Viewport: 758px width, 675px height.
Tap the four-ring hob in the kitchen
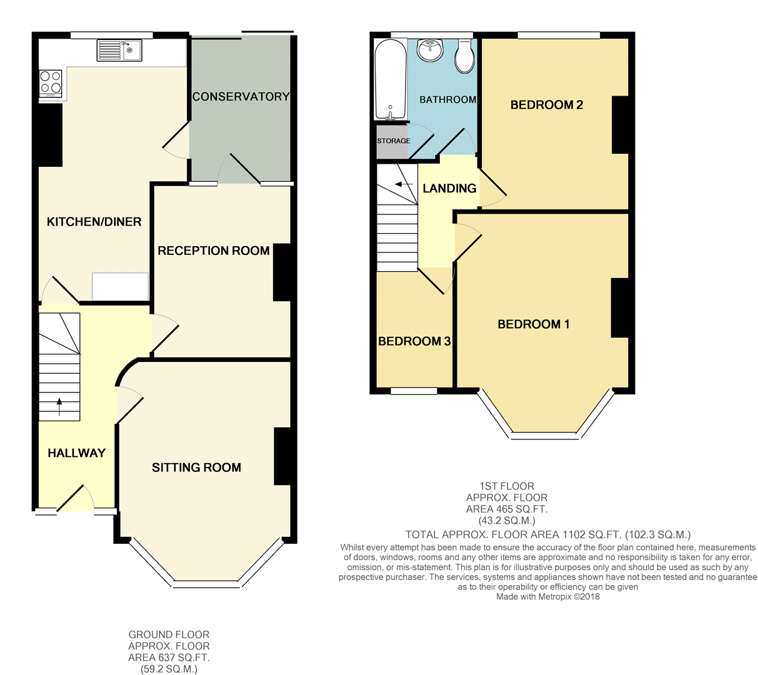51,82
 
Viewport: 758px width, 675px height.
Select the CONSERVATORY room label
241,96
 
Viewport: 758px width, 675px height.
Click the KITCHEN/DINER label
94,221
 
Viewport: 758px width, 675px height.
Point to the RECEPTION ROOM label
213,251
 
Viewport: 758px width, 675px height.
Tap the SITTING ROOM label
196,467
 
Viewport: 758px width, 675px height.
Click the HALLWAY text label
76,453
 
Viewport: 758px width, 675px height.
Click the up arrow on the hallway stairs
60,406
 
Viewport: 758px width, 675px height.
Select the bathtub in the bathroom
390,80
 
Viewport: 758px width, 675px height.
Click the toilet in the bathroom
464,56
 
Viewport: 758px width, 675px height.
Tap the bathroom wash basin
430,51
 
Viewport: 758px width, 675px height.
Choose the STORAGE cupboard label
393,141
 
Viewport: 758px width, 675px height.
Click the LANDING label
449,188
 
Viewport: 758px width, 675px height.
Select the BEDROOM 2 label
546,105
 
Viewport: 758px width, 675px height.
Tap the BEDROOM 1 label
533,324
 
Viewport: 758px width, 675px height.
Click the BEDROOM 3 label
414,341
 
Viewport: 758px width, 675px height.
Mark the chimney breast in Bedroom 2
620,125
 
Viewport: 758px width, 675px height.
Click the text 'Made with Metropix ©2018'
547,596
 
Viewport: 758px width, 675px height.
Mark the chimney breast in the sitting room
282,456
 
